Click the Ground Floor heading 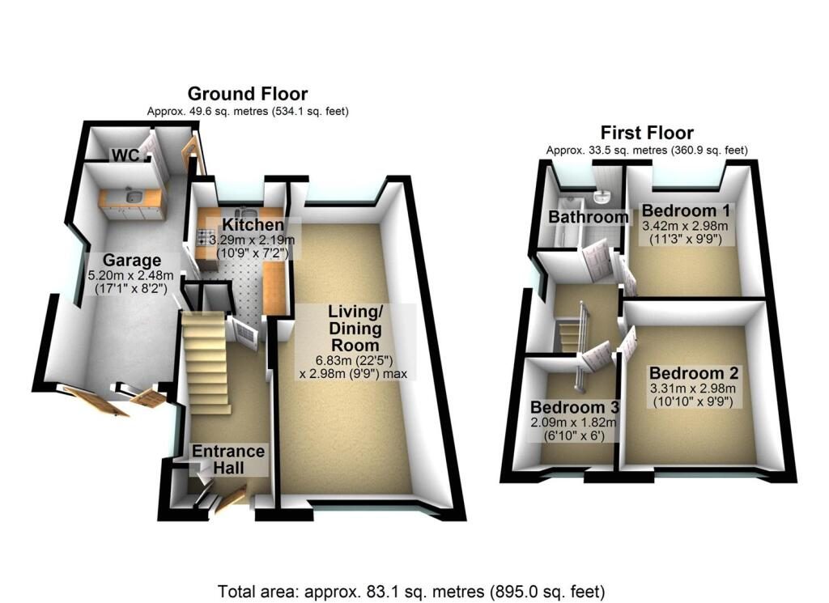click(x=248, y=94)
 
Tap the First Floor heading click(x=647, y=133)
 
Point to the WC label click(x=125, y=155)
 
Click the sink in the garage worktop click(x=133, y=197)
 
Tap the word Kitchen click(x=253, y=224)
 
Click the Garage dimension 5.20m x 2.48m click(x=131, y=275)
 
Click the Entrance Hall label click(x=228, y=459)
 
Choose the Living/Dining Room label click(x=355, y=328)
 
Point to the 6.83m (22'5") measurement click(x=355, y=360)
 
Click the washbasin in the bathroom click(x=602, y=197)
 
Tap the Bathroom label click(x=588, y=217)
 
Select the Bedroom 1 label click(x=686, y=210)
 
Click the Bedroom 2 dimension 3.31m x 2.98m click(x=693, y=389)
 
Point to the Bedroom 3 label click(x=575, y=407)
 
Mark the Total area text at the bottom click(x=411, y=591)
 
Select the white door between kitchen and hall click(x=243, y=333)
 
